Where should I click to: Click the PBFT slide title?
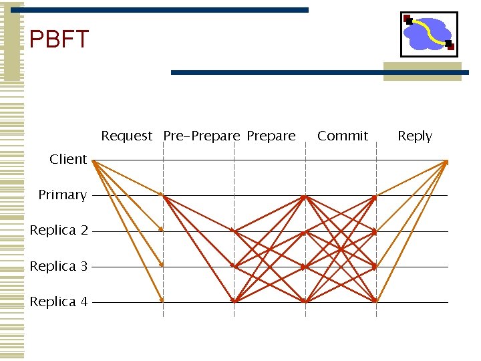tap(59, 40)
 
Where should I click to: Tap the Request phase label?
tap(127, 136)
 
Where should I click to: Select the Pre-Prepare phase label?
tap(201, 136)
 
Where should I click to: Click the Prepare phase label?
tap(271, 136)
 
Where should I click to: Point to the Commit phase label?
tap(343, 136)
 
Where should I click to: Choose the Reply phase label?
tap(415, 136)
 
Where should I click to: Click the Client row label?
tap(68, 159)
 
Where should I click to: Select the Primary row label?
tap(62, 195)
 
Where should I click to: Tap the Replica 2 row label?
tap(59, 230)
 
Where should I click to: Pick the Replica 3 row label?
tap(59, 266)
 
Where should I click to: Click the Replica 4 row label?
tap(59, 302)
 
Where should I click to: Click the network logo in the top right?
tap(429, 34)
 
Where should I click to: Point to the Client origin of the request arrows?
tap(94, 161)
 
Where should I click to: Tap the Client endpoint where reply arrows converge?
tap(446, 162)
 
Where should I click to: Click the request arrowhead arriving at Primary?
tap(162, 195)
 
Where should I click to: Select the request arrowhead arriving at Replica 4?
tap(162, 300)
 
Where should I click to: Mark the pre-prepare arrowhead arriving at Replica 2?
tap(233, 231)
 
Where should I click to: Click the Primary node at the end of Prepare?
tap(304, 197)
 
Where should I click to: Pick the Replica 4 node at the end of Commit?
tap(375, 301)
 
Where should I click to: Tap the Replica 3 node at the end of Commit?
tap(375, 266)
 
